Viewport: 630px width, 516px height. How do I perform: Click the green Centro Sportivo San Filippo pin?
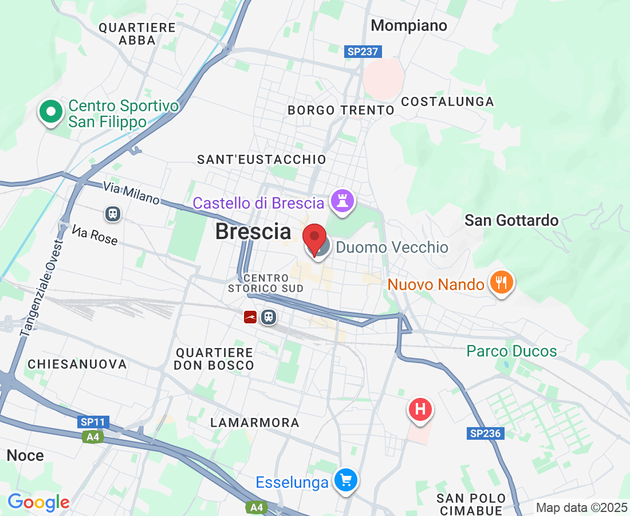51,112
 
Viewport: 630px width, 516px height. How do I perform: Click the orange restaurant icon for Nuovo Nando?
501,283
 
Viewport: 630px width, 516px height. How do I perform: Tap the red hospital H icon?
420,410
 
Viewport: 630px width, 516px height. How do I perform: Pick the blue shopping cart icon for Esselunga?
346,480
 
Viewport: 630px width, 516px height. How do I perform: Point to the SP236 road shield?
486,433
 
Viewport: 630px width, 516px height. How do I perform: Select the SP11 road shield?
93,422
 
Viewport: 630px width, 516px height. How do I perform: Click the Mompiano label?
409,26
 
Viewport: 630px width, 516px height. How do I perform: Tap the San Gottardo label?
511,220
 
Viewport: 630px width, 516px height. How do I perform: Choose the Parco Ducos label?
511,351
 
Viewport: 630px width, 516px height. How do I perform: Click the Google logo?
38,502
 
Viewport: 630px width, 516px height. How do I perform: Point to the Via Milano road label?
131,193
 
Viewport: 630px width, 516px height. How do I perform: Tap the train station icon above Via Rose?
113,214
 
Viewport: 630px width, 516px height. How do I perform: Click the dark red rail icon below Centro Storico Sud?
250,317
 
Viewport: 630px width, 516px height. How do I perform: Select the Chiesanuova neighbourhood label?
77,364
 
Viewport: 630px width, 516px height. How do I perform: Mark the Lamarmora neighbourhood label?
254,423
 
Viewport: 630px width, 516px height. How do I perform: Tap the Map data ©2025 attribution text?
581,507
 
